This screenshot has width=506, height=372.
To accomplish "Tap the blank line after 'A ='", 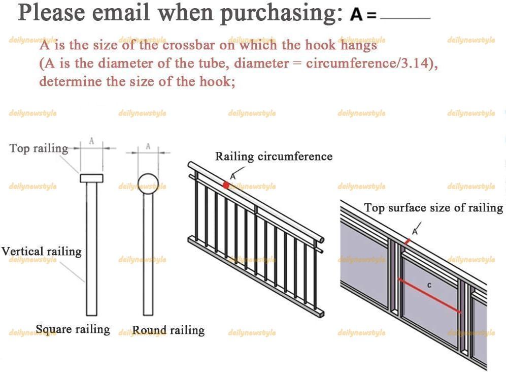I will (x=405, y=18).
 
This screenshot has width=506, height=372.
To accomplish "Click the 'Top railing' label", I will (x=39, y=148).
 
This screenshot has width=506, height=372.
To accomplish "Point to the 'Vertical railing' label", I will (x=41, y=251).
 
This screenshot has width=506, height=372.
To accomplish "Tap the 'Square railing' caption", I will (x=73, y=329).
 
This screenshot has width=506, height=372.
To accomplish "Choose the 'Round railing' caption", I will (x=168, y=330).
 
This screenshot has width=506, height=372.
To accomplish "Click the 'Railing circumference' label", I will (x=274, y=157).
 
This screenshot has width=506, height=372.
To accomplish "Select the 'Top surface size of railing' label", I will (x=433, y=207).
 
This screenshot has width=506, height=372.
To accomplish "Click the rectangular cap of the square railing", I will (x=91, y=178).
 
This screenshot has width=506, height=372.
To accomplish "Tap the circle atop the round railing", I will (x=148, y=182).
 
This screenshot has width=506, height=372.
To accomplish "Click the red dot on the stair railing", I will (x=226, y=185).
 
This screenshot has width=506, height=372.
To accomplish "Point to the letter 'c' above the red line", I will (x=429, y=285).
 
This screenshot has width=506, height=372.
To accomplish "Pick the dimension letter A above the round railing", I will (x=148, y=146).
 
